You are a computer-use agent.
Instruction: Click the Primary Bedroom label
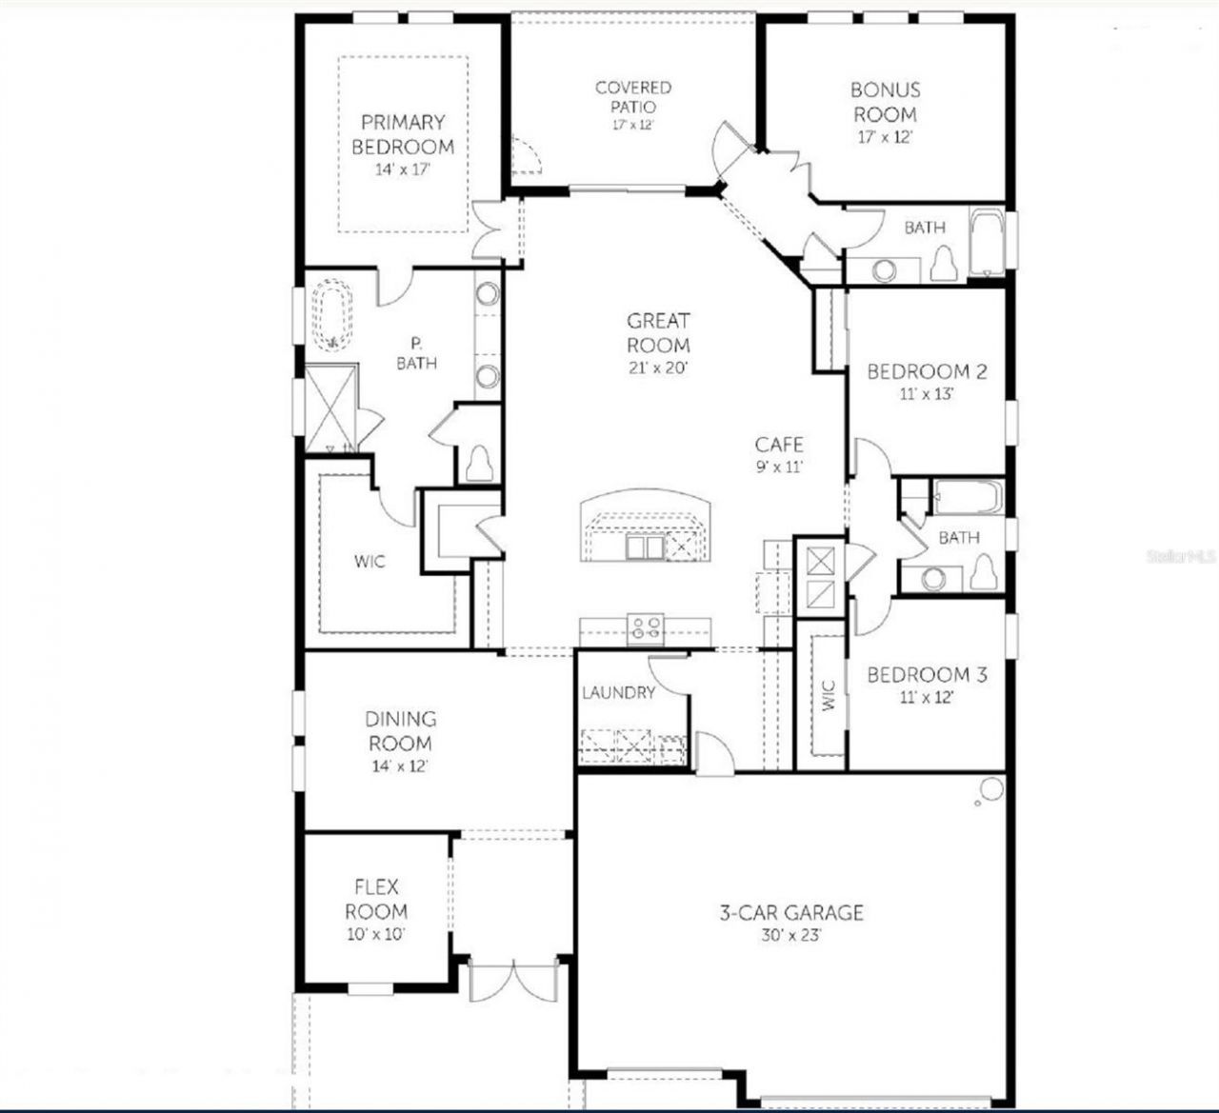click(403, 134)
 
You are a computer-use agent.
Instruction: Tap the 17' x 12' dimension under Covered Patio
click(632, 125)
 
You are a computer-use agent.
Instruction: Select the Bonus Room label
click(886, 102)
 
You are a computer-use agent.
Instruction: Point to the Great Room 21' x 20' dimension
click(658, 368)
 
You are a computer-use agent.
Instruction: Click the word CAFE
click(779, 445)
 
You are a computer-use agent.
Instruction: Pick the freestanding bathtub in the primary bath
click(332, 315)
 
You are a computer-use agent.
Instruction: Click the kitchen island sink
click(645, 547)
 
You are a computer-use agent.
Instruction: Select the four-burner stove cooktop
click(646, 627)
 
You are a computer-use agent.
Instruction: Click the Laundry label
click(619, 692)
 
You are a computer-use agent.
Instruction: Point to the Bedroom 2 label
click(927, 371)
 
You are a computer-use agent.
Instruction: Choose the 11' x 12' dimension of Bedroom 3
click(926, 697)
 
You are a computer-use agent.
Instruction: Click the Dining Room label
click(400, 731)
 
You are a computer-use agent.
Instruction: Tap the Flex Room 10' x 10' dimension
click(376, 934)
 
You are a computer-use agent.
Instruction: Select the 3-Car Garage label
click(791, 912)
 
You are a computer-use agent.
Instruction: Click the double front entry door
click(514, 980)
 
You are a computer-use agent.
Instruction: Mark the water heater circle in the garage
click(991, 788)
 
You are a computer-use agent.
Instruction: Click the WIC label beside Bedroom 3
click(829, 695)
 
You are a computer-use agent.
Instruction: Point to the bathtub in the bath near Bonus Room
click(987, 244)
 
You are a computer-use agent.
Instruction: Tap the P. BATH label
click(417, 353)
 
